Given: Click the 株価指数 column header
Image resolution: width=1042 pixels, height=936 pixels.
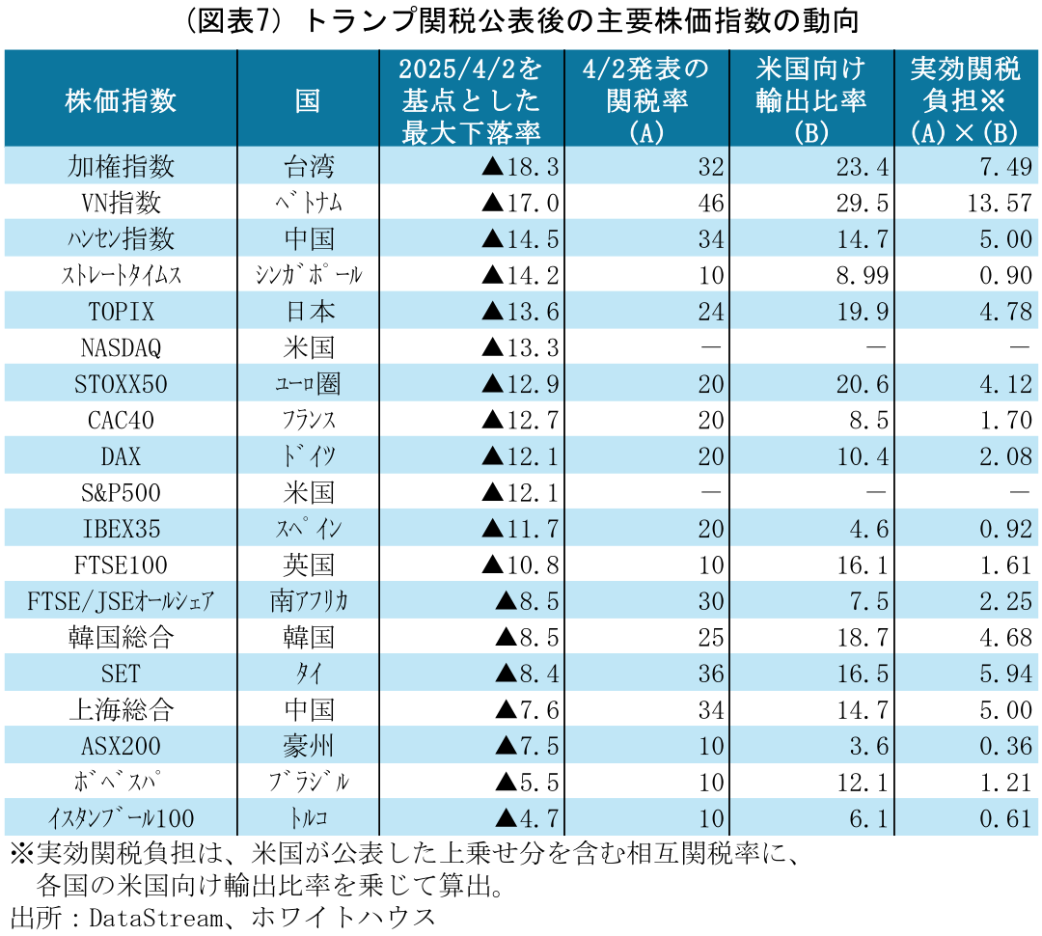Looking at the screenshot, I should pos(121,99).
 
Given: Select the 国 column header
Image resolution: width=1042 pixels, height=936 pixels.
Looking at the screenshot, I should pos(308,99).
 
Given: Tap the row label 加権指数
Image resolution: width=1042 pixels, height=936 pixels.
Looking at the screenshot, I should pos(121,166).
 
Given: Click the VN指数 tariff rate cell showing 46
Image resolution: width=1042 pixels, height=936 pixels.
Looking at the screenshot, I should pos(710,203).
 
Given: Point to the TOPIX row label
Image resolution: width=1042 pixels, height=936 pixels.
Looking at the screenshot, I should pos(121,312).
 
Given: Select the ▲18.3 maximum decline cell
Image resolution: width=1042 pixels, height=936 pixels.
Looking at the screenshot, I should pos(520,166).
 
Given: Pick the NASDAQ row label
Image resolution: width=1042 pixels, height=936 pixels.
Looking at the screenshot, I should pos(121,348).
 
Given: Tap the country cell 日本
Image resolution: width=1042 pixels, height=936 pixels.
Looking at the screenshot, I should pos(309,312).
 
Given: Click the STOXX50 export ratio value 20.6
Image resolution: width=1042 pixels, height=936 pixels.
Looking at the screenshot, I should pos(861,384).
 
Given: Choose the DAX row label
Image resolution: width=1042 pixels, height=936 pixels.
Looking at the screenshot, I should pos(121,456).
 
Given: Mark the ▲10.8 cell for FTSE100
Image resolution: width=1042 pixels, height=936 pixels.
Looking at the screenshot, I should pos(520,564).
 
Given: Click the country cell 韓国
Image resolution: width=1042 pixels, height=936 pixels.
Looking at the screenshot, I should pos(309,637).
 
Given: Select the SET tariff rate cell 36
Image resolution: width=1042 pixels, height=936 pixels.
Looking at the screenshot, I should pos(710,674).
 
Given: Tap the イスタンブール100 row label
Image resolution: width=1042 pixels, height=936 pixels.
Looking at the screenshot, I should pos(121,819).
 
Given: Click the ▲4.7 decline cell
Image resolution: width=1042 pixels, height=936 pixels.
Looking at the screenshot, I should pos(527,819).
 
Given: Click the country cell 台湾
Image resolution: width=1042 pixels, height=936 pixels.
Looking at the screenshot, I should pos(309,166).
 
